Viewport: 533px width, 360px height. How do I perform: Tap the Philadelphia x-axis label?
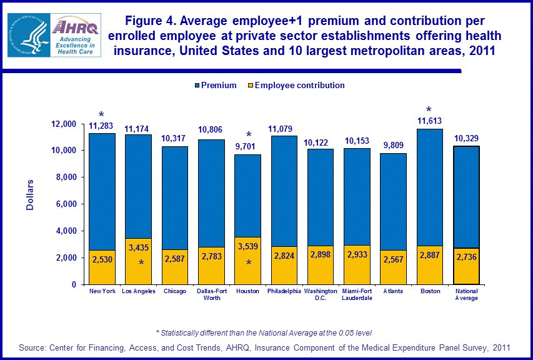click(x=284, y=291)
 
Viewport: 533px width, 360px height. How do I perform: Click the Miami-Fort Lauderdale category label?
click(x=357, y=294)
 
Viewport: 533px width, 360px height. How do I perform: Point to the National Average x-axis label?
click(x=466, y=294)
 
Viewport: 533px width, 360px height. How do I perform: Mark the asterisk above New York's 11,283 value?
click(x=102, y=116)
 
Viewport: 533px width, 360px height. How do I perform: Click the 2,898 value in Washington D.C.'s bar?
click(x=321, y=257)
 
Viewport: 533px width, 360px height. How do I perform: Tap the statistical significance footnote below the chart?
click(x=263, y=332)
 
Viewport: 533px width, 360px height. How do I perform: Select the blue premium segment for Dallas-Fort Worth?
click(x=211, y=194)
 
